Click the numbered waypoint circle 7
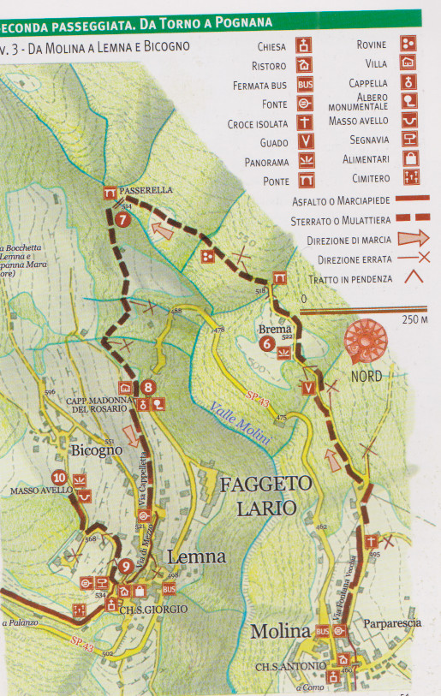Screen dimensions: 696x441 pyautogui.click(x=123, y=218)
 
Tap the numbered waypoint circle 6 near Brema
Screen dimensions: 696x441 pyautogui.click(x=266, y=344)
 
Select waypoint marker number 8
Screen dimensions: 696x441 pyautogui.click(x=148, y=386)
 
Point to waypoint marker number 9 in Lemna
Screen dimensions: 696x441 pyautogui.click(x=125, y=566)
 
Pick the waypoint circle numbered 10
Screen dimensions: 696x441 pyautogui.click(x=59, y=478)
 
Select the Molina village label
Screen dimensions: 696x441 pyautogui.click(x=279, y=632)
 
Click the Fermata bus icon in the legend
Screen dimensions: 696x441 pyautogui.click(x=305, y=84)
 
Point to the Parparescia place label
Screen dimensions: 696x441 pyautogui.click(x=391, y=623)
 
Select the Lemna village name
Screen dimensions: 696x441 pyautogui.click(x=196, y=556)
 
